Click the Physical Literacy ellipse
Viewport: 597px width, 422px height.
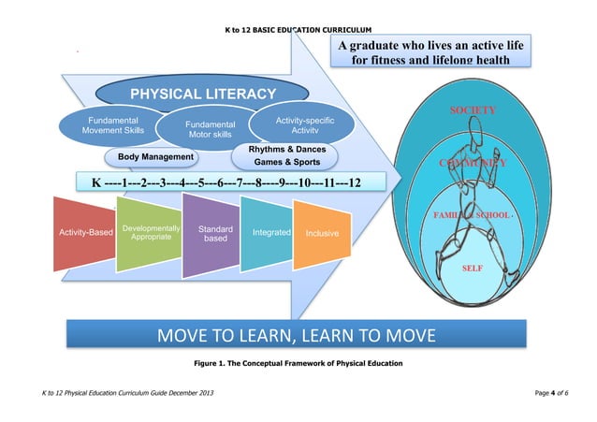(x=202, y=94)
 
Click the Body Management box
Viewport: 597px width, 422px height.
(x=155, y=156)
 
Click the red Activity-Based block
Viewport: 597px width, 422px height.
(x=86, y=231)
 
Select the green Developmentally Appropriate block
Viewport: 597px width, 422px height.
(x=151, y=233)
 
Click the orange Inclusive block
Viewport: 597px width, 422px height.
(x=322, y=232)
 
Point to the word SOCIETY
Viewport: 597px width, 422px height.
(x=473, y=110)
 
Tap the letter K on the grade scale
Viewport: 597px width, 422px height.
(x=95, y=182)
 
